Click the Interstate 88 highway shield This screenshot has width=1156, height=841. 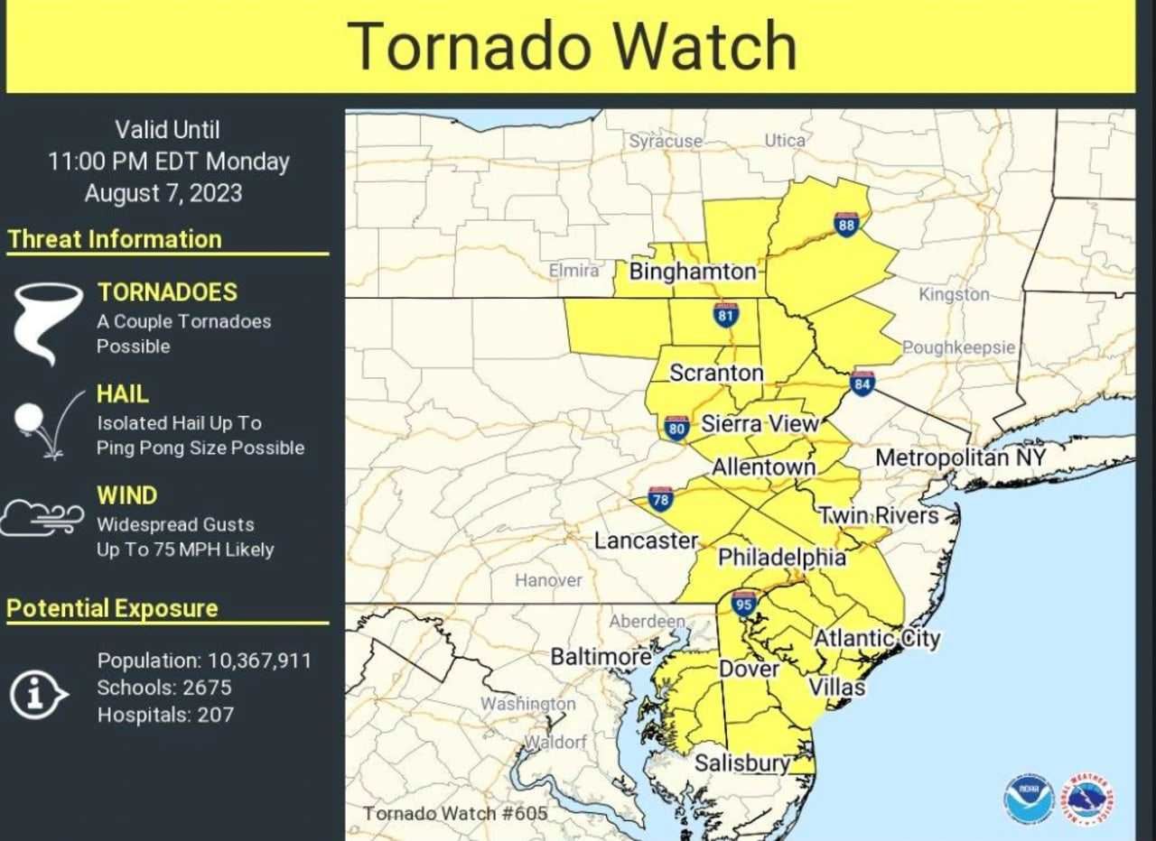coord(846,224)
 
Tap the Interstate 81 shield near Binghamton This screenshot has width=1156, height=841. coord(725,314)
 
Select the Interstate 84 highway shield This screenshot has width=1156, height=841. coord(862,384)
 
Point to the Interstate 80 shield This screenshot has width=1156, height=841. coord(677,428)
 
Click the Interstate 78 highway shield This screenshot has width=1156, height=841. coord(660,499)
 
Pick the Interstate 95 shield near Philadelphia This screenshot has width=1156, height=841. coord(743,603)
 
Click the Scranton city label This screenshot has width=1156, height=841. coord(716,373)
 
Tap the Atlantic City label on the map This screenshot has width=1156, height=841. coord(877,639)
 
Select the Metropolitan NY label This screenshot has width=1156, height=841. coord(960,457)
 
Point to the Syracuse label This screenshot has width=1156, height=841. coord(666,141)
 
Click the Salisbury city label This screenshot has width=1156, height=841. coord(742,763)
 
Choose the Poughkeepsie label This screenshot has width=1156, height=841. coord(958,347)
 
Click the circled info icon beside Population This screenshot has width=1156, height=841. coord(39,695)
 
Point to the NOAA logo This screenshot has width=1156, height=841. coord(1029,799)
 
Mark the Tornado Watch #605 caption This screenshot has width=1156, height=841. coord(455,813)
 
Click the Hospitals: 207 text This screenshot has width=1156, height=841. coord(165,715)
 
